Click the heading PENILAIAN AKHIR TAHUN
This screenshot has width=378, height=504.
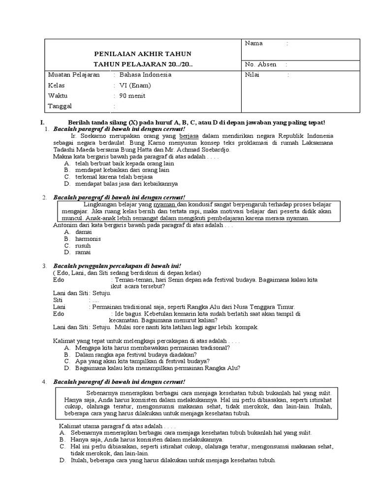(x=143, y=53)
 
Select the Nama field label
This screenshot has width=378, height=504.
(x=253, y=43)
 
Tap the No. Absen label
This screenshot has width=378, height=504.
(x=260, y=64)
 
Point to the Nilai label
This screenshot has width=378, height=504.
(x=252, y=75)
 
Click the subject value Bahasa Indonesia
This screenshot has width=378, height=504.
(x=146, y=75)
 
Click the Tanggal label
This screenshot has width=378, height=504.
(x=60, y=106)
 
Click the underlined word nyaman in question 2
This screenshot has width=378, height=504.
(x=164, y=204)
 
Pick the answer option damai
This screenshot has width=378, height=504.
(x=83, y=231)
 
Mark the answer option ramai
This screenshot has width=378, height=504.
(x=83, y=252)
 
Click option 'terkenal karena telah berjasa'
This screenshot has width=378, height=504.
(x=114, y=176)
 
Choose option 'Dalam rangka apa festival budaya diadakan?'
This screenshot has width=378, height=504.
(x=136, y=354)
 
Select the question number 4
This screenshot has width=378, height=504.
(x=44, y=381)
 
